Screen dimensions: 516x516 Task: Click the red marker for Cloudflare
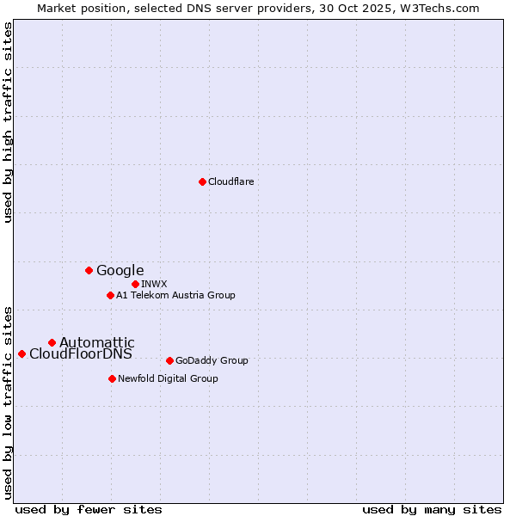click(x=202, y=181)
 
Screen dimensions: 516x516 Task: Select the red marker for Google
click(x=89, y=270)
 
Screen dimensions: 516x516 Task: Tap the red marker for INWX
click(x=135, y=284)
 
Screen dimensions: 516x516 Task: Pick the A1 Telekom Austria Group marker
click(x=110, y=295)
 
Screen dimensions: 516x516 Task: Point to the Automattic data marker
click(x=52, y=342)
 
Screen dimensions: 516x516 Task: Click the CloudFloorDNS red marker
click(x=21, y=353)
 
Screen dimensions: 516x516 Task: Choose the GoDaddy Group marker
click(x=169, y=360)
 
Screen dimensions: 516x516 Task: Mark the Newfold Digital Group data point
click(x=112, y=378)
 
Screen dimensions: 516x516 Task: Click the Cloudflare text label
click(x=230, y=181)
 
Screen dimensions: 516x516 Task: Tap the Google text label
click(x=120, y=270)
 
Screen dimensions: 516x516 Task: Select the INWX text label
click(x=154, y=284)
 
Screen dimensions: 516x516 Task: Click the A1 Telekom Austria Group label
click(x=175, y=295)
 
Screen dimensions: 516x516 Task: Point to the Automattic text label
click(x=96, y=342)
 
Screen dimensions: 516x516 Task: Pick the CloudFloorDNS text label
click(x=81, y=353)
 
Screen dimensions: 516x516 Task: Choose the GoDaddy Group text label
click(x=211, y=360)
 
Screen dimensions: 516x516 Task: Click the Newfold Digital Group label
click(x=168, y=378)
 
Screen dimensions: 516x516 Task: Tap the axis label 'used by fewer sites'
click(x=89, y=509)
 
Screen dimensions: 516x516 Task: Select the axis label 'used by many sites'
click(x=432, y=509)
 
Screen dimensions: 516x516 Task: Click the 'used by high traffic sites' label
click(x=8, y=122)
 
